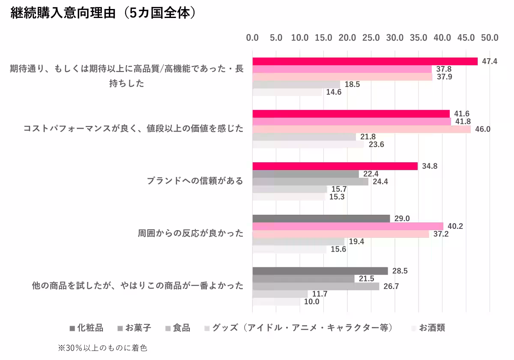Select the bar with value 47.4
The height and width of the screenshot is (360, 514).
(x=365, y=61)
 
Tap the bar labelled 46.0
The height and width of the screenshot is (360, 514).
(x=362, y=129)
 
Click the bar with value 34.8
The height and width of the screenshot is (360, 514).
(x=335, y=166)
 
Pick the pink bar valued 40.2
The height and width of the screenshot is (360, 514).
(x=348, y=226)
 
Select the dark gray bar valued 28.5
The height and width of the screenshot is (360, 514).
(x=320, y=271)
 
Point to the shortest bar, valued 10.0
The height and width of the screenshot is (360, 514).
(x=276, y=302)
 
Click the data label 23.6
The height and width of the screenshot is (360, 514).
(x=377, y=144)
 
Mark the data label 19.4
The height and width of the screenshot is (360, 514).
(x=357, y=242)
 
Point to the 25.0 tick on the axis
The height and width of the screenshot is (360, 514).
(x=371, y=38)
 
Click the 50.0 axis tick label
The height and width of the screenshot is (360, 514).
(x=490, y=38)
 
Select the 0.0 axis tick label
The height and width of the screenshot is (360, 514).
(x=252, y=38)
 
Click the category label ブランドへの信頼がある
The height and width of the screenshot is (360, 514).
(x=195, y=181)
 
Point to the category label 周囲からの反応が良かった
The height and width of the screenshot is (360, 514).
(x=190, y=234)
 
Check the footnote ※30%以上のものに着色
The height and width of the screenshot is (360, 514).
(x=102, y=348)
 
